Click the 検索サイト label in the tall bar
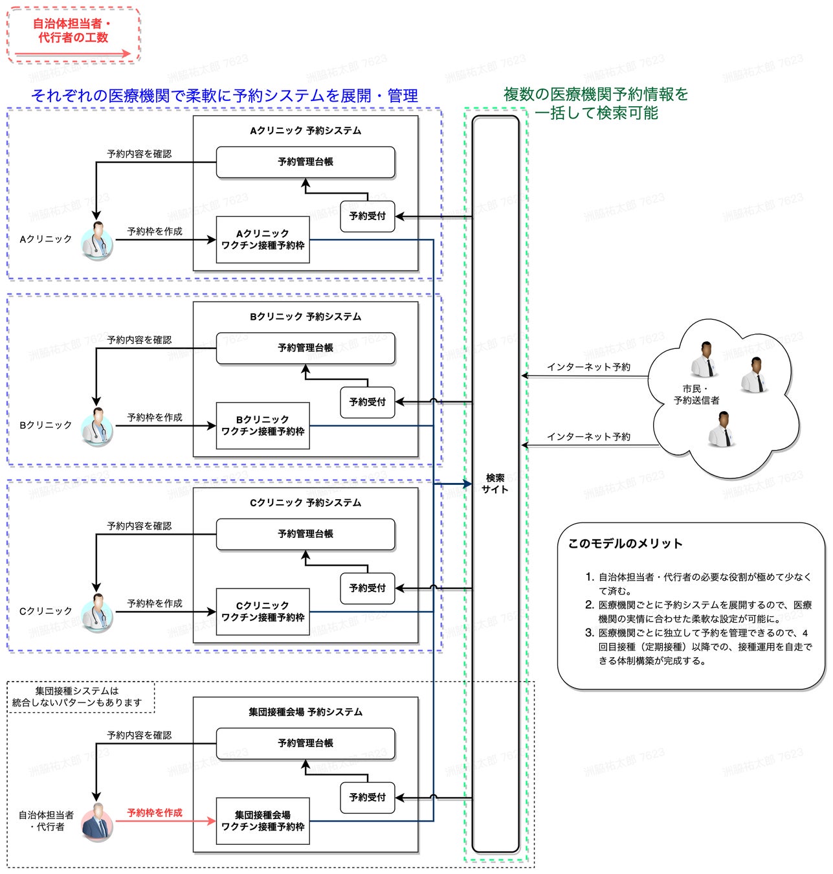(495, 484)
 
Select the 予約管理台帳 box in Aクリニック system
(305, 162)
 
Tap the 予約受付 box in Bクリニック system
(367, 402)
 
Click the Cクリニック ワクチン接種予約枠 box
(263, 612)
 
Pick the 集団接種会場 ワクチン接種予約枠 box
(263, 821)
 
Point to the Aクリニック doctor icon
(98, 240)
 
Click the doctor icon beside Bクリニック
(98, 426)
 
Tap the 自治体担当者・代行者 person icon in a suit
(98, 821)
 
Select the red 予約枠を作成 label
(155, 812)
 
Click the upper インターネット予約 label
(588, 367)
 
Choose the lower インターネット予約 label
(588, 437)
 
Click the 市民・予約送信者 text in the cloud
(696, 394)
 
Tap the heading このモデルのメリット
(625, 544)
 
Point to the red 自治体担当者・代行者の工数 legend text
(72, 30)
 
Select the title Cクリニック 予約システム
(305, 503)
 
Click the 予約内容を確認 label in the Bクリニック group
(139, 340)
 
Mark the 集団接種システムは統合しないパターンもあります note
(78, 697)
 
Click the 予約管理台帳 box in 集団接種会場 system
(305, 743)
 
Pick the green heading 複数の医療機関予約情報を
(595, 95)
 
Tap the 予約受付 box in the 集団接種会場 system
(367, 798)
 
